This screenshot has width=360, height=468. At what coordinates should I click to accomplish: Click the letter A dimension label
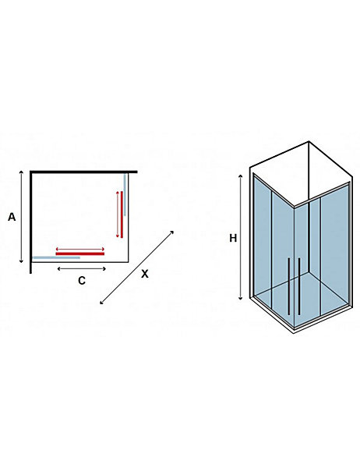(x=12, y=217)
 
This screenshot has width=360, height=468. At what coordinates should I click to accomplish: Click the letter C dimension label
(x=81, y=281)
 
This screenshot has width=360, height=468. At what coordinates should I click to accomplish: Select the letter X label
(x=145, y=274)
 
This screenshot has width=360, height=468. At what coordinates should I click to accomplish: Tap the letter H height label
(x=233, y=238)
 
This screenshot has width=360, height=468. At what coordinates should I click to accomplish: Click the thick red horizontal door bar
(x=80, y=253)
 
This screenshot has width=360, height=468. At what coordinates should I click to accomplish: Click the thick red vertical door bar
(x=122, y=214)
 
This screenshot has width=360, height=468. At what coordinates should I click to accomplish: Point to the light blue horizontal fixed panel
(x=56, y=257)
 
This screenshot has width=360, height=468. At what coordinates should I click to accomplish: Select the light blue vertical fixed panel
(x=125, y=194)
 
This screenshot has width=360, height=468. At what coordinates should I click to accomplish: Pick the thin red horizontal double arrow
(x=80, y=249)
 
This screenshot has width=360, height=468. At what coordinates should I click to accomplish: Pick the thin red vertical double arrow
(x=118, y=214)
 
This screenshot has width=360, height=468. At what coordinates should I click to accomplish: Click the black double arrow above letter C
(x=81, y=268)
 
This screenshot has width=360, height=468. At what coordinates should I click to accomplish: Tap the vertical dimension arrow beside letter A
(x=21, y=217)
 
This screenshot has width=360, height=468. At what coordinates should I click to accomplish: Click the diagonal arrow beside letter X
(x=136, y=268)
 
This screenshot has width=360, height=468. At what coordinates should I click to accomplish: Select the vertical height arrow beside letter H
(x=241, y=238)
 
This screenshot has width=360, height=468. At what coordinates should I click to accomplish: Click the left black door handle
(x=289, y=286)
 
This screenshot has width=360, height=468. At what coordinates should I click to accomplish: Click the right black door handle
(x=299, y=286)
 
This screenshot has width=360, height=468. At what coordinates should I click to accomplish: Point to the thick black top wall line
(x=83, y=172)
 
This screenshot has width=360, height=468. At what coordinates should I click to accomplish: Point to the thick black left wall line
(x=31, y=222)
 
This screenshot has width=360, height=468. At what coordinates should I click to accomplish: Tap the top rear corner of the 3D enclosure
(x=309, y=141)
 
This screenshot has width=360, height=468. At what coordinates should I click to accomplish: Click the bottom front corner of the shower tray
(x=294, y=332)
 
